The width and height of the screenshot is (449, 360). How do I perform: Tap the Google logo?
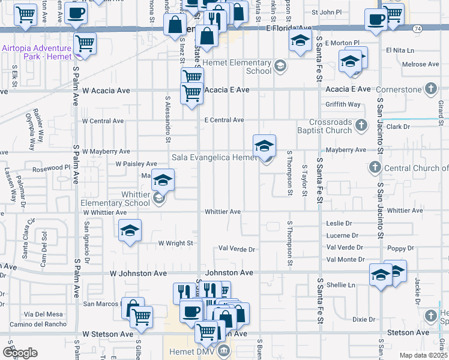20,353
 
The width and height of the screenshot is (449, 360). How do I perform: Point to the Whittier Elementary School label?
116,199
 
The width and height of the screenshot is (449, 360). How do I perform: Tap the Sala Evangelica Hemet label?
214,157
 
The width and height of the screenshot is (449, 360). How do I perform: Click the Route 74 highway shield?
417,28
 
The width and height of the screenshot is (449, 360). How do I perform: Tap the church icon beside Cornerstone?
430,89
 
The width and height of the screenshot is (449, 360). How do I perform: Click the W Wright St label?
175,244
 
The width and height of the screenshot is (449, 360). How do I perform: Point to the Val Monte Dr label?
345,259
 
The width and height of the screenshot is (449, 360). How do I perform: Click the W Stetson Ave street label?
108,334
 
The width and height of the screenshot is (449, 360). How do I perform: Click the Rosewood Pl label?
51,168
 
